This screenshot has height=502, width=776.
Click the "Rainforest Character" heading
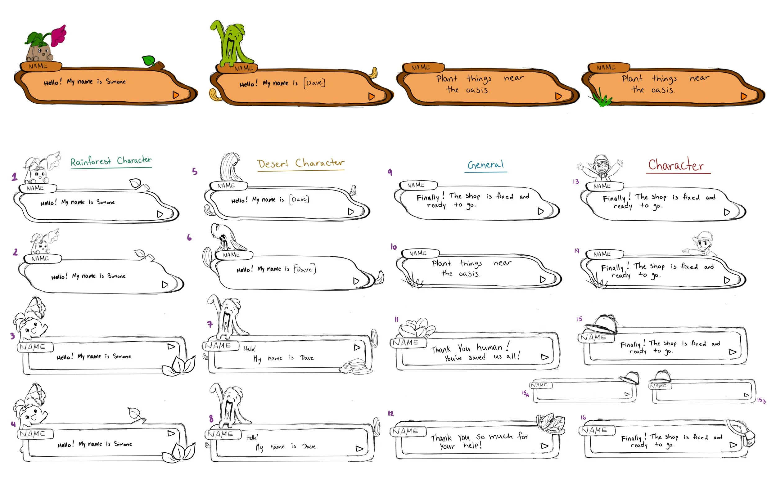tap(111, 161)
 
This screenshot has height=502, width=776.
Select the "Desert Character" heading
tap(300, 163)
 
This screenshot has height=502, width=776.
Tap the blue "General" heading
tap(485, 165)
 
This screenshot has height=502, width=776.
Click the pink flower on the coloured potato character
tap(59, 35)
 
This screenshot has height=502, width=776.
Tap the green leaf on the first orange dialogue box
tap(148, 60)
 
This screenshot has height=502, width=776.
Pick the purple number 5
tap(195, 172)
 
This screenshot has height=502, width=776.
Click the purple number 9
tap(390, 172)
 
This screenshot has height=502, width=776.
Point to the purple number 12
tap(390, 414)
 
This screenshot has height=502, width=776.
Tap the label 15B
tap(761, 400)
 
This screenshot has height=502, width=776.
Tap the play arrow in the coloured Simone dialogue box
tap(176, 95)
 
